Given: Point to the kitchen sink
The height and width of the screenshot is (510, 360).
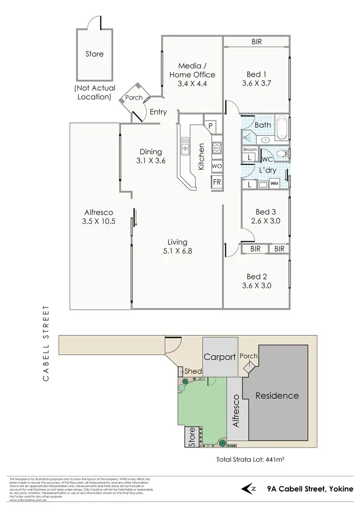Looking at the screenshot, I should point(184,146).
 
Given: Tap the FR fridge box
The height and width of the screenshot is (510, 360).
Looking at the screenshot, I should point(217,183).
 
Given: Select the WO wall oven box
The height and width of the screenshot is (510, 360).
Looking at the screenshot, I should point(217,166).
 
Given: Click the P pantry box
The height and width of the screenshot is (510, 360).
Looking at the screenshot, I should point(211,126).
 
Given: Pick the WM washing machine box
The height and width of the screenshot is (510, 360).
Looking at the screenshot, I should point(274,183).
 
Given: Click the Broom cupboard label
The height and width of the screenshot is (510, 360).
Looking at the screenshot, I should point(250,149).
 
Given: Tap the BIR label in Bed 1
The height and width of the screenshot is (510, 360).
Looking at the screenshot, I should point(256,42).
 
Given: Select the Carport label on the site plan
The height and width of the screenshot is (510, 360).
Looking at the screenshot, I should point(220,357).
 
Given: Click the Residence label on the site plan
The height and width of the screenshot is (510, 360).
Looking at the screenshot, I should point(277,396).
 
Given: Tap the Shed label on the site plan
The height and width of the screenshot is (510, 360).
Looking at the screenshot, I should point(193,371).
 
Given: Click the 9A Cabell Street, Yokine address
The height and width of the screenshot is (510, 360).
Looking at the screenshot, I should point(308,489).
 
